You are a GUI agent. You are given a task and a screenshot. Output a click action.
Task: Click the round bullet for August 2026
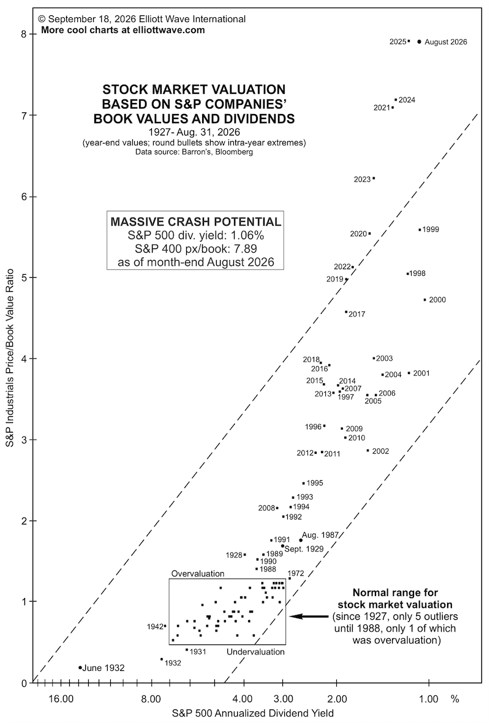[x=419, y=42]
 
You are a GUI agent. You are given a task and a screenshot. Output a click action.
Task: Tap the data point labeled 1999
[x=420, y=229]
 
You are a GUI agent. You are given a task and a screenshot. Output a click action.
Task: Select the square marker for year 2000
[x=424, y=299]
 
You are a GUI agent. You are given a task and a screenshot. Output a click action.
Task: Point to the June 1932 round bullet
[x=80, y=667]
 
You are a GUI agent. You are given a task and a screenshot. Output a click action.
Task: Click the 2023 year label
[x=362, y=179]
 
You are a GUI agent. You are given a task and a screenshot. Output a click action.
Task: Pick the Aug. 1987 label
[x=320, y=535]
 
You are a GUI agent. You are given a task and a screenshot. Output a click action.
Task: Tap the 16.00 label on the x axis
[x=61, y=699]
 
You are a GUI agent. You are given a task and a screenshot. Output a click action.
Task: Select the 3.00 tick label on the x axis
[x=283, y=699]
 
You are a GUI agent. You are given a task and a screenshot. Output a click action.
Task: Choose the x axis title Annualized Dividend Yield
[x=253, y=713]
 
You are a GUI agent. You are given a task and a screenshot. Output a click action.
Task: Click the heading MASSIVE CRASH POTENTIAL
[x=196, y=221]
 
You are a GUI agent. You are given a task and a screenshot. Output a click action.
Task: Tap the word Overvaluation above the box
[x=198, y=573]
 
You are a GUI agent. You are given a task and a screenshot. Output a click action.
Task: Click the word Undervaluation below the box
[x=255, y=651]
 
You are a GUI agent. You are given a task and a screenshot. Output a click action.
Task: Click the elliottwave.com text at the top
[x=171, y=30]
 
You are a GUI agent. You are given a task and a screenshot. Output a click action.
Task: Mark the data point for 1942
[x=165, y=625]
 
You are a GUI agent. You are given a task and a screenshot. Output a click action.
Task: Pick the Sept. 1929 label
[x=304, y=549]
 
